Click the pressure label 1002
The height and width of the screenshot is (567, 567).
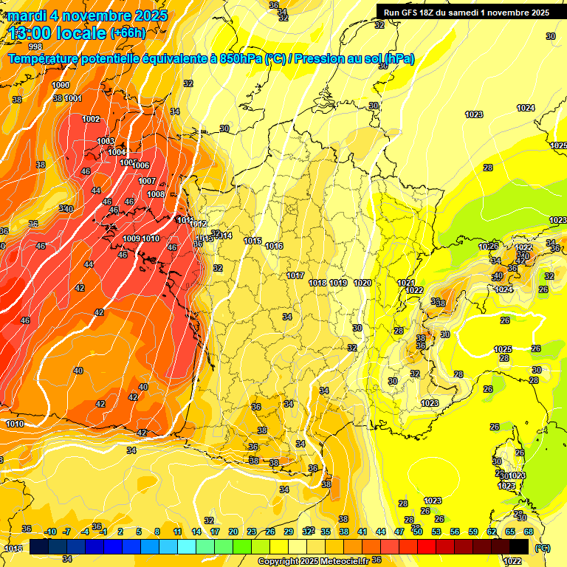point(91,119)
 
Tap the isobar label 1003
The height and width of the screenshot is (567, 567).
point(106,141)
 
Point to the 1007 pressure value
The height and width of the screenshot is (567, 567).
point(147,181)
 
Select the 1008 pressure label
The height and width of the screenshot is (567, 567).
point(156,194)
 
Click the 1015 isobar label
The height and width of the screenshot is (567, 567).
point(252,241)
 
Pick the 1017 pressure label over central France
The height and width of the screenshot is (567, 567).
point(295,275)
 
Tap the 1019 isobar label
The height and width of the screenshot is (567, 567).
point(338,283)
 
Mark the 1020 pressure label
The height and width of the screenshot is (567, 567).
point(362,283)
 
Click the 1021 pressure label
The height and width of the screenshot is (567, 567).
point(405,283)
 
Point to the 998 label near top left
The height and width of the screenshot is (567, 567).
point(35,47)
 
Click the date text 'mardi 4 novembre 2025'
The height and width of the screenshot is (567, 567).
point(87,16)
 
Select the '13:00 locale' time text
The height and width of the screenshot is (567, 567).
point(58,32)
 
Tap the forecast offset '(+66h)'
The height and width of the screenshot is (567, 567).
point(128,33)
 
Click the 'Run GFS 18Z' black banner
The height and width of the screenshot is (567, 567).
point(466,12)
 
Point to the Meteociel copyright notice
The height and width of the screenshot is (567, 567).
point(313,561)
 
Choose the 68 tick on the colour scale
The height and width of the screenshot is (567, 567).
point(528,532)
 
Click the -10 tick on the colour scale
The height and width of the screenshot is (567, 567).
point(50,532)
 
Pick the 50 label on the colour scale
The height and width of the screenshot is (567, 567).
point(417,532)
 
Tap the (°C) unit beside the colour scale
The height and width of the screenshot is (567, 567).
point(542,548)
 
